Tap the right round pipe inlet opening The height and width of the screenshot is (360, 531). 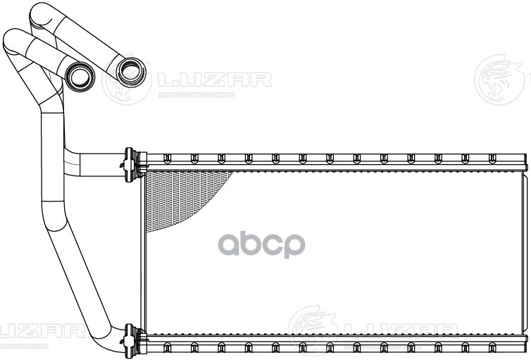click(130, 69)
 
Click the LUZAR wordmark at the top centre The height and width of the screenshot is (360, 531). click(214, 79)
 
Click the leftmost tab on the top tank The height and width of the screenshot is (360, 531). click(167, 158)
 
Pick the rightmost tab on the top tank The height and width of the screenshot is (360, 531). click(492, 158)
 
